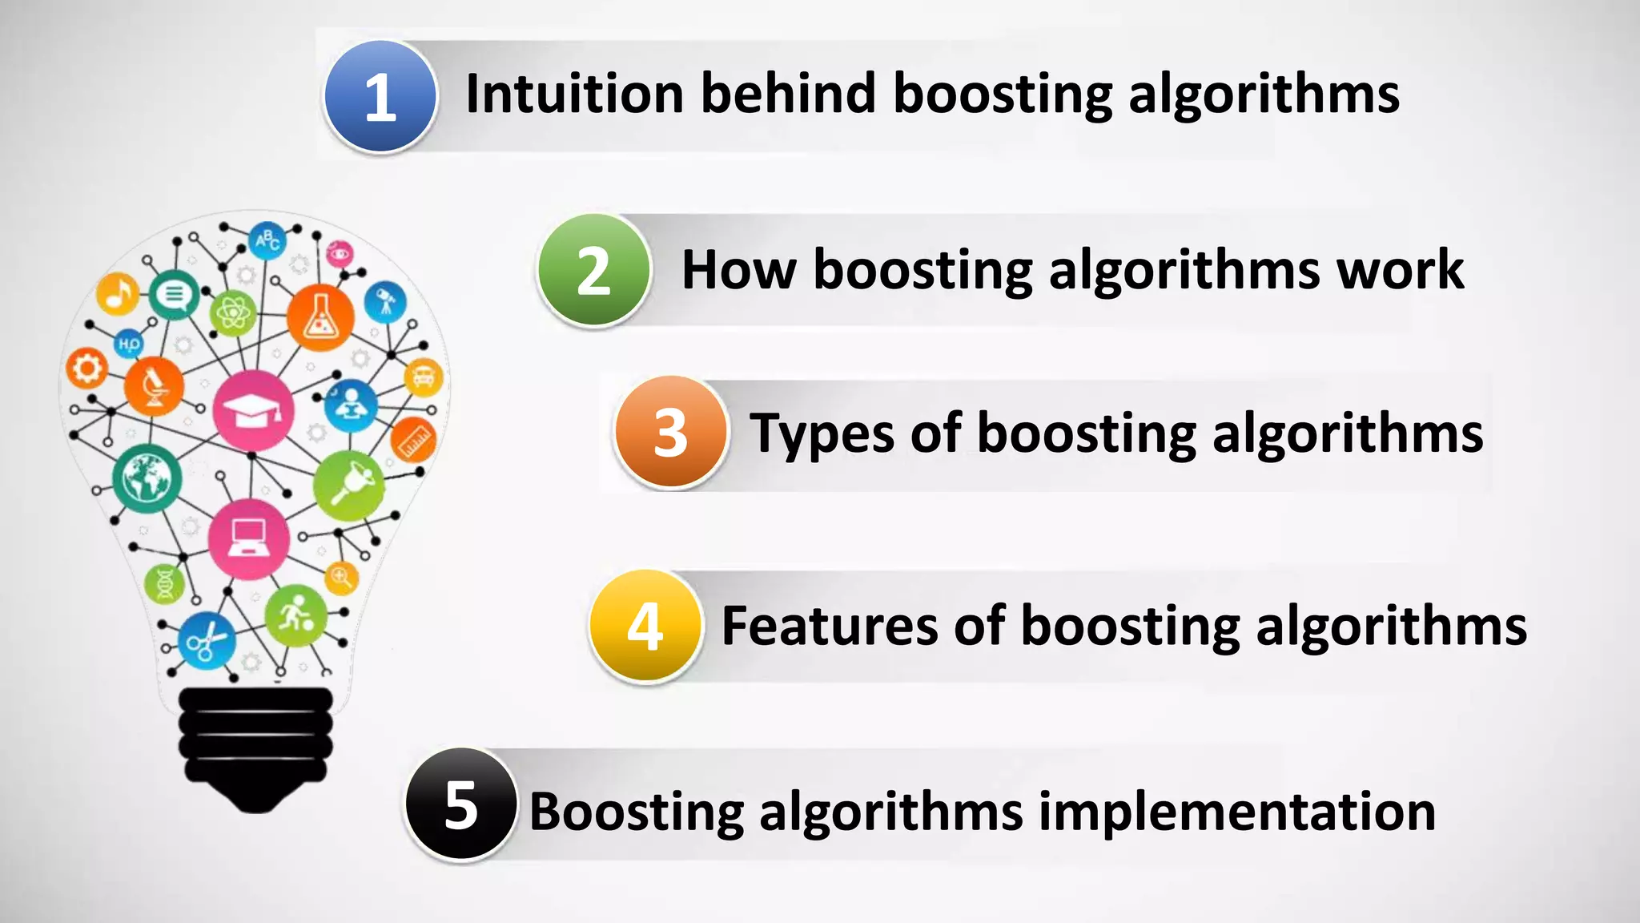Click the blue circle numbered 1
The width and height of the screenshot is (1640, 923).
pyautogui.click(x=380, y=96)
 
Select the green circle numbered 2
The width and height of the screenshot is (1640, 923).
pyautogui.click(x=593, y=270)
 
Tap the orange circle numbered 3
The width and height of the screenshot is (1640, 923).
pyautogui.click(x=671, y=432)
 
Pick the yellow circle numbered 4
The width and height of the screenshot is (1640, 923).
pyautogui.click(x=645, y=626)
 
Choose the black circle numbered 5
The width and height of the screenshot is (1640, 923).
pyautogui.click(x=460, y=804)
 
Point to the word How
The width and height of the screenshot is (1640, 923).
pyautogui.click(x=738, y=270)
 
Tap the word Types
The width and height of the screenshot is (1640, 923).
pyautogui.click(x=822, y=434)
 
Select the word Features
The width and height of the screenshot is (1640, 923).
pyautogui.click(x=829, y=626)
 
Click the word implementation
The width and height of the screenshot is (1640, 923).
pyautogui.click(x=1237, y=812)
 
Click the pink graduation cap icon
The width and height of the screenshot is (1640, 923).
pyautogui.click(x=253, y=411)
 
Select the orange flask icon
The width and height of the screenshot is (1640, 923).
pyautogui.click(x=320, y=317)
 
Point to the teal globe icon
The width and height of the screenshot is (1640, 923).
pyautogui.click(x=147, y=478)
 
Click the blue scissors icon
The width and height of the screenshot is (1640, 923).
pyautogui.click(x=207, y=640)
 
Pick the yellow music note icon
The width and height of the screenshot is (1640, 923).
pyautogui.click(x=119, y=293)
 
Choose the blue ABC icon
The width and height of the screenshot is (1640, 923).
pyautogui.click(x=267, y=240)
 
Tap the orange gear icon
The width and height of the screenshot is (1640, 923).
pyautogui.click(x=86, y=369)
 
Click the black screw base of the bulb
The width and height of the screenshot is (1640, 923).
pyautogui.click(x=255, y=745)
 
